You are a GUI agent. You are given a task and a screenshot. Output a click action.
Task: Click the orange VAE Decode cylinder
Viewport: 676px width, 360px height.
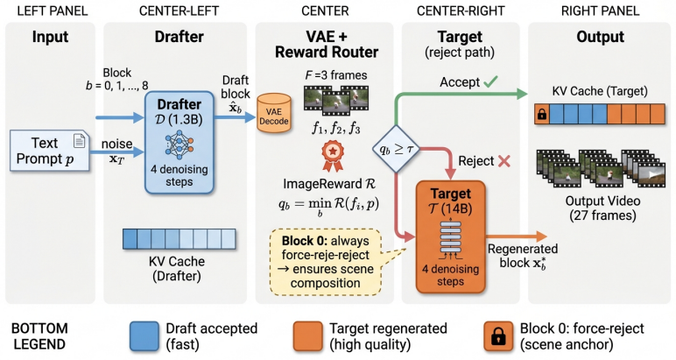click(274, 113)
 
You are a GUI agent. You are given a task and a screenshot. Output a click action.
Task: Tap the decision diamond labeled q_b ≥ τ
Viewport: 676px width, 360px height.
click(396, 149)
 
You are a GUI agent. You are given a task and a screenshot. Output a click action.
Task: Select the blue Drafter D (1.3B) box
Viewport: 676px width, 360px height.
click(180, 142)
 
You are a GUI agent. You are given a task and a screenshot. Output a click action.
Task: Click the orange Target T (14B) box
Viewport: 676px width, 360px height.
click(451, 236)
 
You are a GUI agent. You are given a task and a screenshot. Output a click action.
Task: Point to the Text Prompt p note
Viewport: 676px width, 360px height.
click(50, 151)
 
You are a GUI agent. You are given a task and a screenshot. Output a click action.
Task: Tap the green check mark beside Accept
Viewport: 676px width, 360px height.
click(490, 81)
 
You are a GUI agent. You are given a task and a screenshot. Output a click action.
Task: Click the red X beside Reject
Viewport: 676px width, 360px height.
click(504, 161)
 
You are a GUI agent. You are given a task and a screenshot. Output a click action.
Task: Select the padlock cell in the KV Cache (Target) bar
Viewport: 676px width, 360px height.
click(542, 114)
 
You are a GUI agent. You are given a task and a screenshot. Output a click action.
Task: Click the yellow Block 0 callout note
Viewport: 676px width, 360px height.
click(326, 262)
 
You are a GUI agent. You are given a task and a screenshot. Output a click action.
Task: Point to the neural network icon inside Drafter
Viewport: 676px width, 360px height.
click(180, 145)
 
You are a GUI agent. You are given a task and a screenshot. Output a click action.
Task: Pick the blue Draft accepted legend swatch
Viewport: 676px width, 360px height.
click(144, 335)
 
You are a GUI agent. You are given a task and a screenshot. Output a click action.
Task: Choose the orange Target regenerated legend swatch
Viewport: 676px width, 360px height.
click(308, 335)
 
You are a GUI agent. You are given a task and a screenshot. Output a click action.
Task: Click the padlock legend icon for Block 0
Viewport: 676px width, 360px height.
click(498, 335)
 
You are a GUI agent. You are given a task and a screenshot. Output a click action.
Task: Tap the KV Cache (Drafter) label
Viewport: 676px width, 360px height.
click(177, 269)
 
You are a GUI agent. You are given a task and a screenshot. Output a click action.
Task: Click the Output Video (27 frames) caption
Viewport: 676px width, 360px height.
click(602, 208)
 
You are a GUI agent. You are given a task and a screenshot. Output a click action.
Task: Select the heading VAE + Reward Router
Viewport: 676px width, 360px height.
click(327, 45)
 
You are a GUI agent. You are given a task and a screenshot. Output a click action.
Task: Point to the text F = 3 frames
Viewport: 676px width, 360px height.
click(336, 75)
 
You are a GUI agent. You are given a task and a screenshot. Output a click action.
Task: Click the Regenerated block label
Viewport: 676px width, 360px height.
click(523, 256)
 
